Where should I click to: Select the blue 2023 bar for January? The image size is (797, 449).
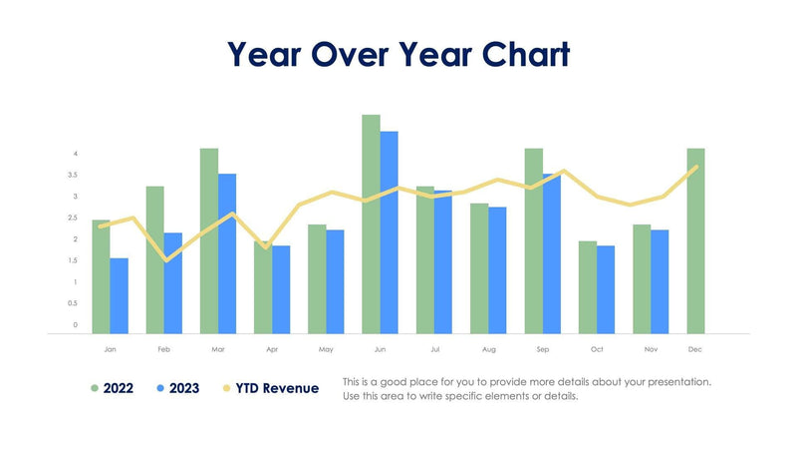[x=119, y=295]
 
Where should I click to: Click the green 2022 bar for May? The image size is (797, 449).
[x=317, y=278]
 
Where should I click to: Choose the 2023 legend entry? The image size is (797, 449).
[x=181, y=388]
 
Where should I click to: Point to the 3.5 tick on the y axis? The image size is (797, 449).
[x=74, y=175]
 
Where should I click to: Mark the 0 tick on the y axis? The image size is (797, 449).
[x=74, y=325]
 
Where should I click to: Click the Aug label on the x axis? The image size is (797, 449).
[x=488, y=350]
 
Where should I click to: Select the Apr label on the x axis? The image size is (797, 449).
[x=272, y=350]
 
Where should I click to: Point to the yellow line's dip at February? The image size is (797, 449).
[x=165, y=259]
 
